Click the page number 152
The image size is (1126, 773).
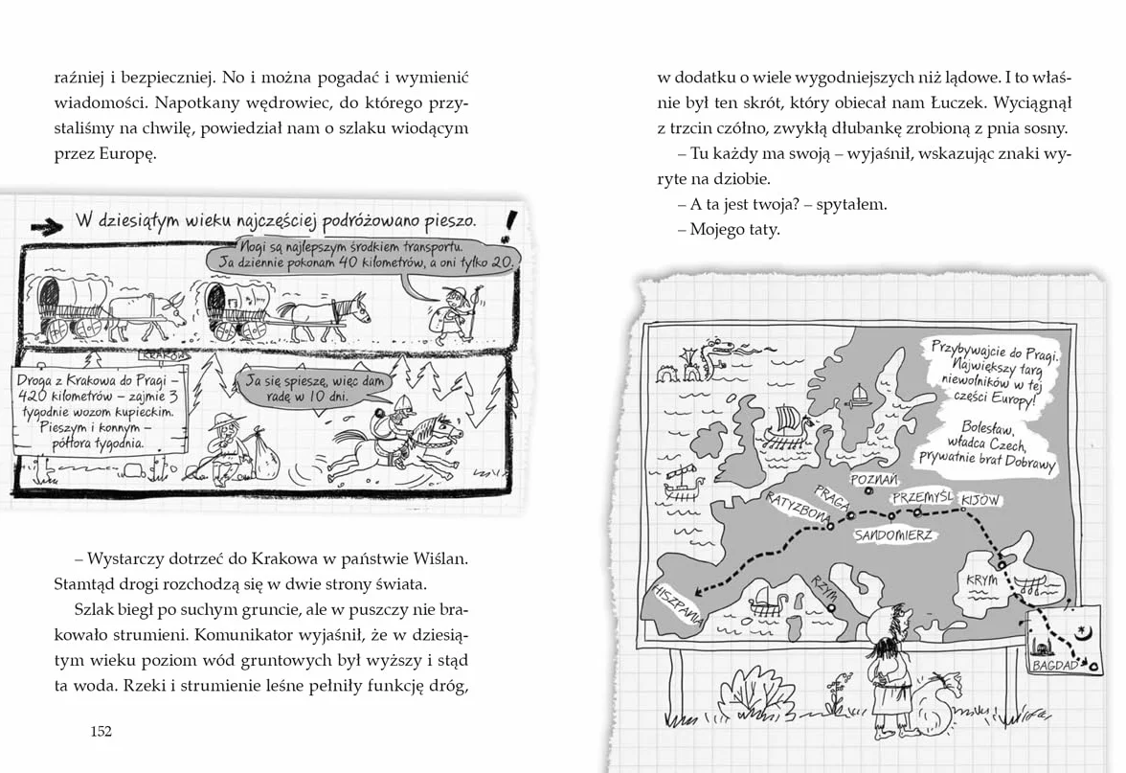tap(101, 732)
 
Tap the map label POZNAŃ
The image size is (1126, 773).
tap(874, 479)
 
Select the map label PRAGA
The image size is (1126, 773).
tap(831, 496)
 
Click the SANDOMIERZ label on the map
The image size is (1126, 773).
tap(893, 535)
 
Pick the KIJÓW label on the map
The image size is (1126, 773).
tap(980, 500)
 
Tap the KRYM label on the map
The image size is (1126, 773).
tap(981, 580)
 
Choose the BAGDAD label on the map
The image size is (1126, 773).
tap(1055, 665)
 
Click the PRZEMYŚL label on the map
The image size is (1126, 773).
tap(923, 497)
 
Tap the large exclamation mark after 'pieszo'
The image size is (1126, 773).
tap(509, 225)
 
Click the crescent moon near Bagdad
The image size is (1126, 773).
tap(1083, 630)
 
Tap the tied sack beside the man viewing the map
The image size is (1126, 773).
tap(935, 704)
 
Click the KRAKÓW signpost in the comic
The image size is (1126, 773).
tap(163, 354)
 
